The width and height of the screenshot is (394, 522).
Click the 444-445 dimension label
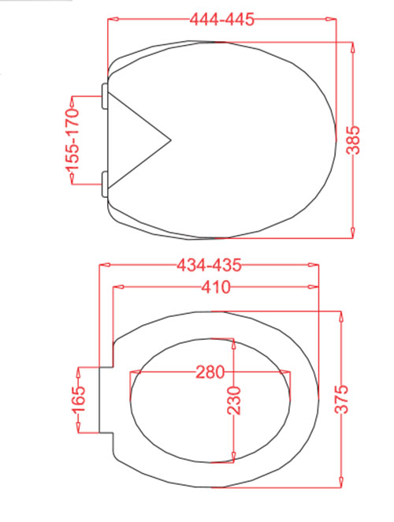click(x=222, y=19)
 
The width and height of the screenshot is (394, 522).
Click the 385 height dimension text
click(x=353, y=140)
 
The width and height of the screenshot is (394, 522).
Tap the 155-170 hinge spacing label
click(x=72, y=139)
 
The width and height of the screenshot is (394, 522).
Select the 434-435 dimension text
click(x=209, y=265)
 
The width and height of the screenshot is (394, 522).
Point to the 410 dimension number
click(x=216, y=287)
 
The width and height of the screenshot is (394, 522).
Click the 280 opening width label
click(x=210, y=372)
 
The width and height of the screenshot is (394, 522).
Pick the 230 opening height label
click(x=233, y=400)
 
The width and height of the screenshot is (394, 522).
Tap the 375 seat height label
click(x=341, y=399)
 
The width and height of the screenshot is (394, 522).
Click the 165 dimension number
click(x=79, y=400)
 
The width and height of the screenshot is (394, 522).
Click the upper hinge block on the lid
click(x=105, y=96)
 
